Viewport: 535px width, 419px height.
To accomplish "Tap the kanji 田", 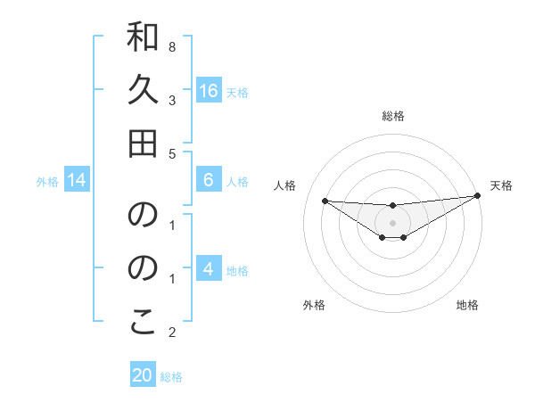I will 143,143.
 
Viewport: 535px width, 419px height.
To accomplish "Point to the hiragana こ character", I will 143,322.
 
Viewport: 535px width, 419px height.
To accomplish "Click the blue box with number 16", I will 209,91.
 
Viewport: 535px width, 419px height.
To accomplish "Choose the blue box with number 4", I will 209,270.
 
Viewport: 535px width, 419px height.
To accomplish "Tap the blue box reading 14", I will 77,181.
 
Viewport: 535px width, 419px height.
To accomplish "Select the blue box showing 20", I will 143,375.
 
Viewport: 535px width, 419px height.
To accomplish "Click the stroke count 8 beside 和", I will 172,46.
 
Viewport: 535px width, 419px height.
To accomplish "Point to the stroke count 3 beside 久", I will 172,100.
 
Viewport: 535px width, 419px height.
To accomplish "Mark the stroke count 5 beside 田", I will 172,153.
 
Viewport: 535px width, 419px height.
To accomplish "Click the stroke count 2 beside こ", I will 172,333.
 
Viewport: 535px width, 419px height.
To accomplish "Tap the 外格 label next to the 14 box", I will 47,182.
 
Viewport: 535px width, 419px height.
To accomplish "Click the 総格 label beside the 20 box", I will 171,377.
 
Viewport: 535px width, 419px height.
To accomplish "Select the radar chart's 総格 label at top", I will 393,116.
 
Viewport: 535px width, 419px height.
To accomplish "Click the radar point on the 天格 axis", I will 478,196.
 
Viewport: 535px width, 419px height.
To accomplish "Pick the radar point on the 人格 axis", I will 325,201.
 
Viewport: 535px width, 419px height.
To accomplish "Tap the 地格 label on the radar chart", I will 467,305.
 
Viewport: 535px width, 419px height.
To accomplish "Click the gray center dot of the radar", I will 393,223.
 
